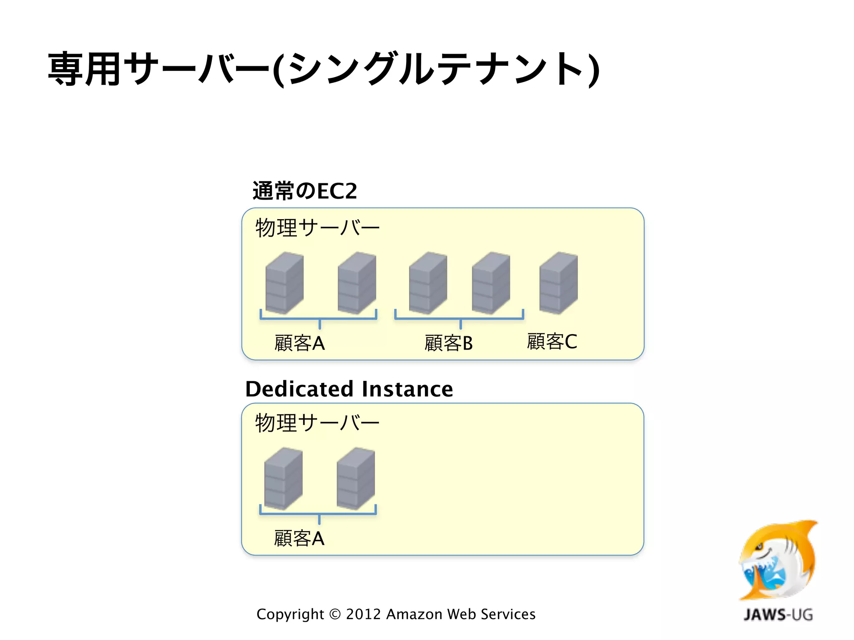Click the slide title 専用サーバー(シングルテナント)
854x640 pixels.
pos(324,69)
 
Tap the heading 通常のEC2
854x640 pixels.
pos(305,191)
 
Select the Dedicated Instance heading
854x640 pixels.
pos(349,389)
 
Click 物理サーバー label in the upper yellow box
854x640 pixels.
pos(317,228)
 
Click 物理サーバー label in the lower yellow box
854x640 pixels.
pos(317,423)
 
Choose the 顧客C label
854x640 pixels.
pos(552,342)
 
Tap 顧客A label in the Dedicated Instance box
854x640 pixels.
pos(299,538)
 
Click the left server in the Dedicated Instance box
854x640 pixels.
pos(283,478)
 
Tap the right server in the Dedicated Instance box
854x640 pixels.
pos(356,478)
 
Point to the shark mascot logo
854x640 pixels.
pos(778,560)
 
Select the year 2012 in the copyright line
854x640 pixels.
pos(363,614)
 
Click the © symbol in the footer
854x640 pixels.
pos(335,615)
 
